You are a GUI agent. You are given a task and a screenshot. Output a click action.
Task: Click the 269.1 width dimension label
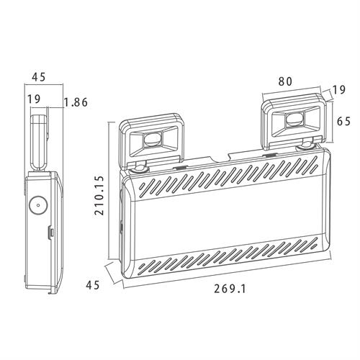pos(230,289)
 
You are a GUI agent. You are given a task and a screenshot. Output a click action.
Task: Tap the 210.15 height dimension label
pos(99,195)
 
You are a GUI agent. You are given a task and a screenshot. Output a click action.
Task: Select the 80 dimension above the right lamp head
pos(285,81)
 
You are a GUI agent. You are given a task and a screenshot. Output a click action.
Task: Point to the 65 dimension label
pos(343,121)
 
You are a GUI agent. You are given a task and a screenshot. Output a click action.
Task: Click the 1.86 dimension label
pos(76,102)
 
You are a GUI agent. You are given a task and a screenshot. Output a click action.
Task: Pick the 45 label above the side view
pos(39,77)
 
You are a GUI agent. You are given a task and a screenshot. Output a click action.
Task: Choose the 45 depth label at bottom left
pos(93,285)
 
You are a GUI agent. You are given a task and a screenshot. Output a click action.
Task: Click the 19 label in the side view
pos(34,99)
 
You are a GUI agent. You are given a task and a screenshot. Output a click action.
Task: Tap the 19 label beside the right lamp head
pos(339,90)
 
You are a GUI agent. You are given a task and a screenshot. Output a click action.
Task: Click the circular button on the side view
pos(38,205)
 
